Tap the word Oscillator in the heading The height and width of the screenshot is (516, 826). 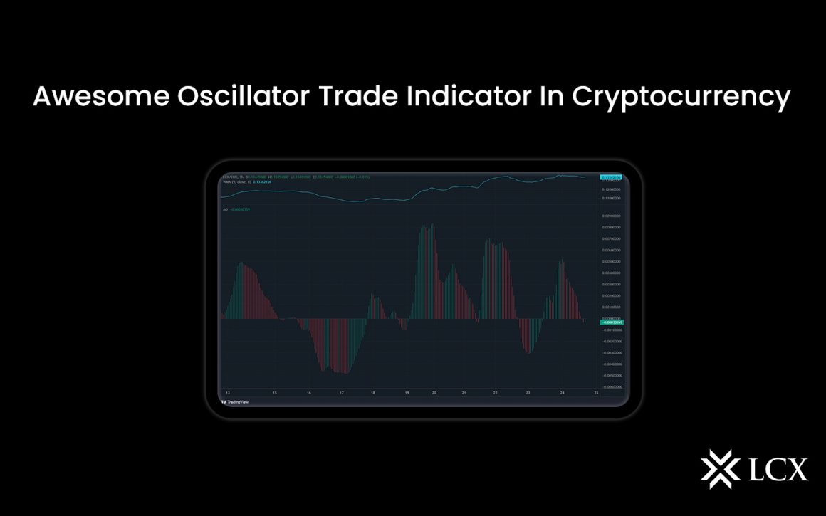pos(239,98)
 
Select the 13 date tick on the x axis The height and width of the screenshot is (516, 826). pos(227,392)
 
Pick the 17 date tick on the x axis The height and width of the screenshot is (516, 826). pos(342,392)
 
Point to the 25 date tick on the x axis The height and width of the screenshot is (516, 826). pos(595,392)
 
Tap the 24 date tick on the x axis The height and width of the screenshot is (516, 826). pos(563,392)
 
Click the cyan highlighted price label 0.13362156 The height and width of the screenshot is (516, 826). pos(612,177)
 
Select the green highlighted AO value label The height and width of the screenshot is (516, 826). pos(612,322)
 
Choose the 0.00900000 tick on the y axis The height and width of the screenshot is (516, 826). pos(612,216)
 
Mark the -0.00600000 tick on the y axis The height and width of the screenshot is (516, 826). pos(612,386)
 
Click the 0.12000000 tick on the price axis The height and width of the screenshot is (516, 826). pos(612,189)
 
